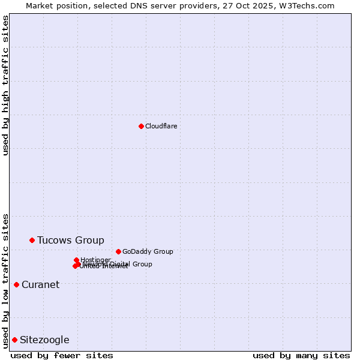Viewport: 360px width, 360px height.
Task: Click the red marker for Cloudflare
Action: pyautogui.click(x=141, y=126)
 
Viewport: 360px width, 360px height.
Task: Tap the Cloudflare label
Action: pyautogui.click(x=161, y=126)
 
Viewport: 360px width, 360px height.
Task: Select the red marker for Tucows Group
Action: pyautogui.click(x=32, y=240)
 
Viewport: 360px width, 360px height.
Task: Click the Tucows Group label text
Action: pyautogui.click(x=70, y=240)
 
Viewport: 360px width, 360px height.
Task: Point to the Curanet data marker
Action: pyautogui.click(x=16, y=284)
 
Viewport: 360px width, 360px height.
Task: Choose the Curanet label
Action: pyautogui.click(x=40, y=284)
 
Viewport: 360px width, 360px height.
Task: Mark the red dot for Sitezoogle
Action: pyautogui.click(x=14, y=340)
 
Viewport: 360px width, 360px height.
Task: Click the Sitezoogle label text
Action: pyautogui.click(x=44, y=340)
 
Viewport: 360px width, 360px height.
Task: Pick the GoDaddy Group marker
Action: pyautogui.click(x=118, y=251)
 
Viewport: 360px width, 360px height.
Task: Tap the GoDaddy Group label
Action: pyautogui.click(x=147, y=251)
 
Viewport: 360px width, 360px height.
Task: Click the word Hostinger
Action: pyautogui.click(x=95, y=260)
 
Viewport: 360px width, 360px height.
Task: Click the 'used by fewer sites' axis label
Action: pyautogui.click(x=62, y=355)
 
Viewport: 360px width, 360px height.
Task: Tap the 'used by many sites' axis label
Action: pyautogui.click(x=301, y=355)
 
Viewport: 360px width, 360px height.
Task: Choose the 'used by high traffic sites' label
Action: pyautogui.click(x=5, y=85)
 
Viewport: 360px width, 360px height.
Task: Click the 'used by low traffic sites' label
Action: pyautogui.click(x=5, y=281)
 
